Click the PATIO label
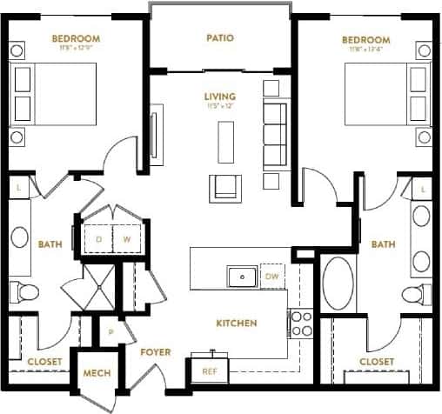click(x=223, y=38)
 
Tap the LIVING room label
click(x=221, y=96)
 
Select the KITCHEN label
click(x=236, y=324)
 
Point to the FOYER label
click(x=155, y=352)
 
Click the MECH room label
click(x=96, y=374)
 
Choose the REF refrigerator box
click(x=209, y=370)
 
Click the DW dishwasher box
click(x=271, y=277)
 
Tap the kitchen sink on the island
click(x=240, y=277)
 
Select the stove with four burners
click(x=301, y=324)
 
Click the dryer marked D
click(x=98, y=237)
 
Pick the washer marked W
click(x=126, y=237)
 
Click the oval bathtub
click(x=336, y=283)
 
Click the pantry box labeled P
click(x=110, y=332)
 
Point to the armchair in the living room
click(x=223, y=187)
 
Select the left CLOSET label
click(x=41, y=361)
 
